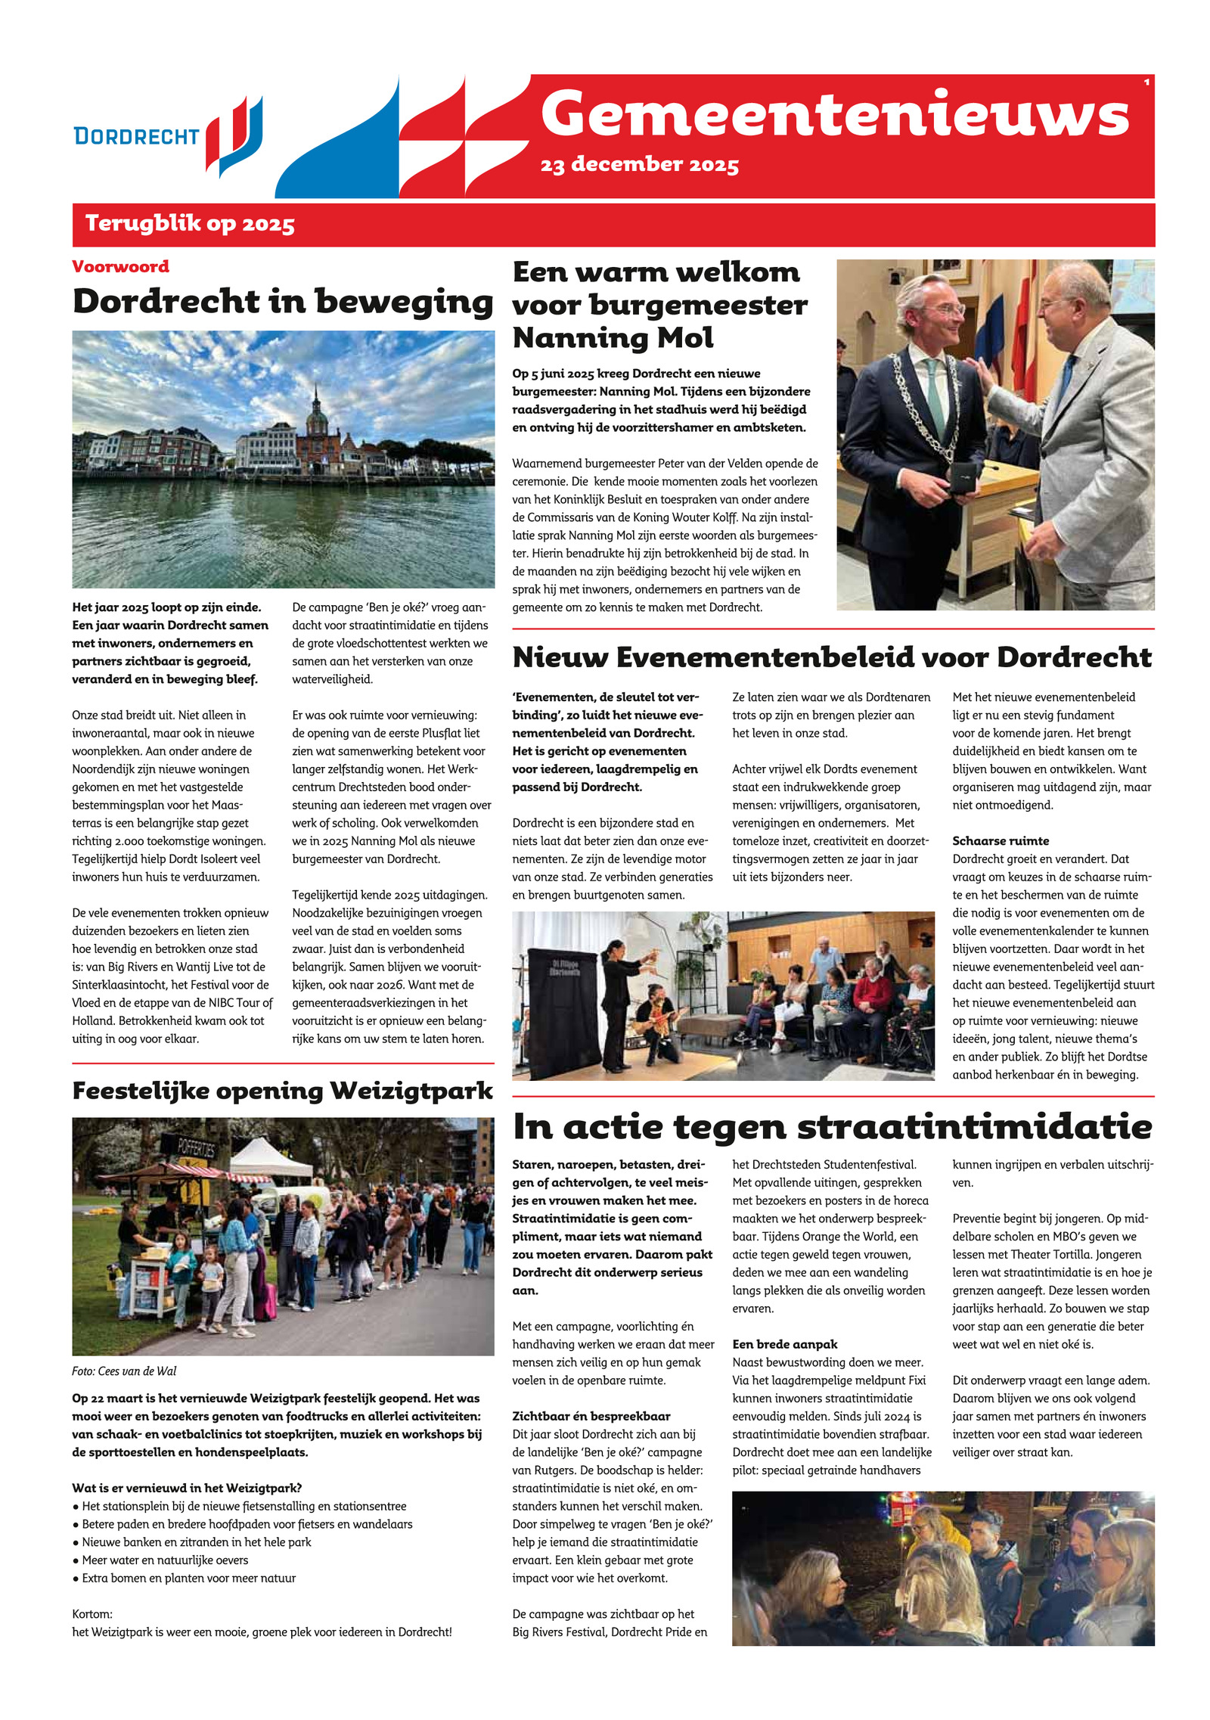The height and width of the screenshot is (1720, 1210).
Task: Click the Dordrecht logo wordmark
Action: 136,136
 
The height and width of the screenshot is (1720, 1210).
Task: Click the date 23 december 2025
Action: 639,164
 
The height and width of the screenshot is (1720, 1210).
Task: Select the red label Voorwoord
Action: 120,266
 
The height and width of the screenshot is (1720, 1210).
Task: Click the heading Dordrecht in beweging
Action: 282,301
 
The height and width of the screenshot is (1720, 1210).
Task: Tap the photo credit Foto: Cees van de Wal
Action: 124,1371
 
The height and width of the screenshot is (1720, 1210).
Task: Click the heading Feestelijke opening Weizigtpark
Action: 282,1091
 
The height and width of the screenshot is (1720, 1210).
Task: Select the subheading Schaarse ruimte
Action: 1000,840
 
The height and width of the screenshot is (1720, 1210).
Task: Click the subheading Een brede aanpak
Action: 784,1344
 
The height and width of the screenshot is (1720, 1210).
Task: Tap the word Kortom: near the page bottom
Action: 92,1614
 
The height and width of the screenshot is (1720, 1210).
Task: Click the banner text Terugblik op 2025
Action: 190,224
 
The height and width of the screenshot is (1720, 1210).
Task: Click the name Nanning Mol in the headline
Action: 613,337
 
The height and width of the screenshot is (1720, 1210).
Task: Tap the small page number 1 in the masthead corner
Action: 1146,82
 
